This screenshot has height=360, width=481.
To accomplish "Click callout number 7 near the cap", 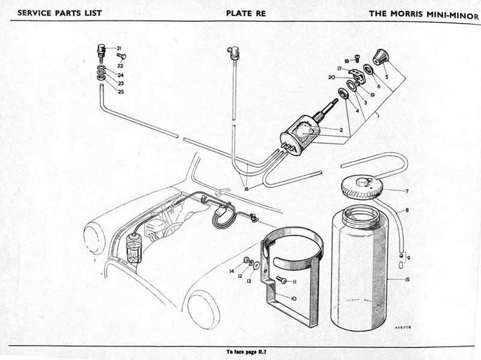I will [x=406, y=191].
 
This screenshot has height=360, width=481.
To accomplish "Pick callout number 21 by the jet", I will [x=119, y=48].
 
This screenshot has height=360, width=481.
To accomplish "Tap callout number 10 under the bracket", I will [x=294, y=298].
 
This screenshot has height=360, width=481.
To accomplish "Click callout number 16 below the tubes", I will [x=246, y=189].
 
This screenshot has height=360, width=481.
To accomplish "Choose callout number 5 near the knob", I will [x=387, y=77].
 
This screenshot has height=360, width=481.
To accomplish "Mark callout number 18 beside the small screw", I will [x=346, y=61].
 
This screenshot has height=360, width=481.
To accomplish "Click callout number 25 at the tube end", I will [x=121, y=91].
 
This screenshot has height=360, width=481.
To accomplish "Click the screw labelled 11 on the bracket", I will [x=281, y=280].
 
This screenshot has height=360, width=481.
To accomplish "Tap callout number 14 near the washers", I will [x=231, y=272].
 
